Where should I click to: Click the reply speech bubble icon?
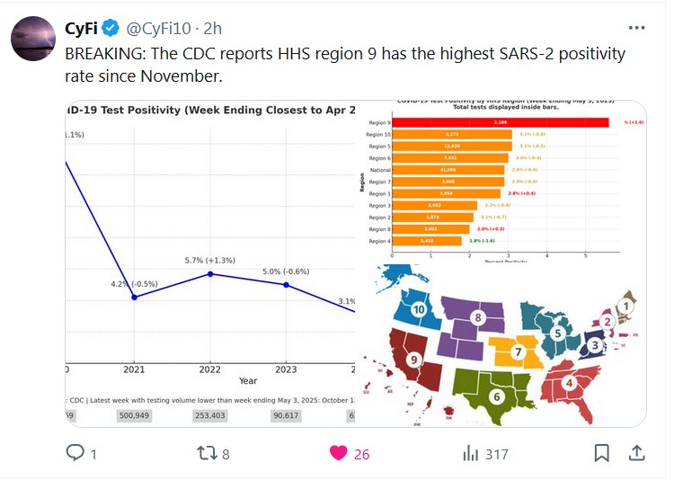tap(76, 453)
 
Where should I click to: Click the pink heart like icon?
tap(338, 453)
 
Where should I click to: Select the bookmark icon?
tap(602, 453)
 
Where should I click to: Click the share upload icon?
tap(636, 453)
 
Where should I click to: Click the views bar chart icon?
tap(471, 453)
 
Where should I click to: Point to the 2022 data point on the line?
tap(210, 273)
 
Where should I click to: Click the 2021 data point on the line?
tap(134, 297)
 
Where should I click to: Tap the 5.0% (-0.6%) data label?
tap(286, 271)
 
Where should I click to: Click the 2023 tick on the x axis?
tap(286, 369)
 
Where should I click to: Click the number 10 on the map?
tap(419, 309)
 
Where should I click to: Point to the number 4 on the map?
tap(569, 383)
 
